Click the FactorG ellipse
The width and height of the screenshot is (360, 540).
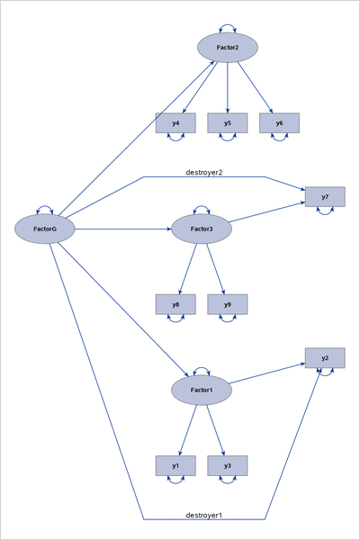[x=44, y=229]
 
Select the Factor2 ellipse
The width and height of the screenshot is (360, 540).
[x=228, y=48]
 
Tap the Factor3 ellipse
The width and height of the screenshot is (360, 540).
[x=202, y=229]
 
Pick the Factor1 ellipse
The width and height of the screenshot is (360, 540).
[x=202, y=390]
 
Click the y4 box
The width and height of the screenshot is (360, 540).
[x=175, y=123]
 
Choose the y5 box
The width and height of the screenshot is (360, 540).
[x=228, y=123]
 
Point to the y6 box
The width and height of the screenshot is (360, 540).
[x=279, y=123]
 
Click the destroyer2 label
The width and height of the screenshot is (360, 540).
[x=203, y=172]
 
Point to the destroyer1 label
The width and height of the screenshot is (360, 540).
[x=203, y=515]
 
